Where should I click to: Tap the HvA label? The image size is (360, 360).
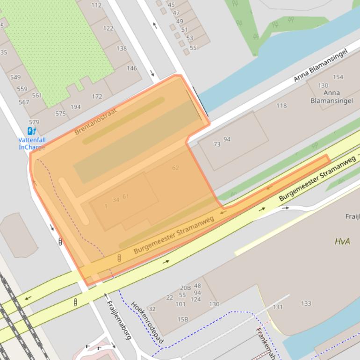[x=342, y=241]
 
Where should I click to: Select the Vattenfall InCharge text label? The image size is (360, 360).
[x=32, y=144]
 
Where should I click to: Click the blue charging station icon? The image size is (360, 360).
[x=32, y=131]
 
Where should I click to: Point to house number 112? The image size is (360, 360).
[x=96, y=5]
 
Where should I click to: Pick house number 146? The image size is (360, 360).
[x=132, y=68]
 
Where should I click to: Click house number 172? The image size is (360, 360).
[x=97, y=97]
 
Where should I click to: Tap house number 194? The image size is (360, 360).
[x=75, y=107]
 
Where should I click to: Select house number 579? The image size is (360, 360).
[x=34, y=122]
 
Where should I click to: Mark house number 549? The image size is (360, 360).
[x=15, y=77]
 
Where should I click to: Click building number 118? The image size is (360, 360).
[x=281, y=106]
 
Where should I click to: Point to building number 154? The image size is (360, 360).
[x=338, y=77]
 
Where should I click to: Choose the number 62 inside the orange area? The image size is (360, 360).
[x=175, y=168]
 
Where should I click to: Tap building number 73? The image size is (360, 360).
[x=216, y=144]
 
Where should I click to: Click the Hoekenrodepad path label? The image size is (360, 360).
[x=148, y=322]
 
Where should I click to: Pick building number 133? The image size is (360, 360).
[x=306, y=304]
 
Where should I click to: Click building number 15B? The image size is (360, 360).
[x=182, y=319]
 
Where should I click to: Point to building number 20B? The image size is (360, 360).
[x=185, y=288]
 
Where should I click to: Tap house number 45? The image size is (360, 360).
[x=171, y=5]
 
